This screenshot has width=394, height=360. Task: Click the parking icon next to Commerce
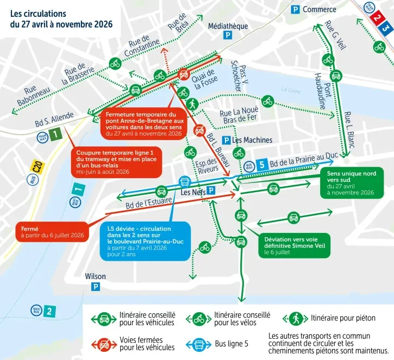(x=295, y=9)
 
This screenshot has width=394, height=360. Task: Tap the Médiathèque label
(x=228, y=26)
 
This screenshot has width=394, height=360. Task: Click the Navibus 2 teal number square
(x=49, y=311)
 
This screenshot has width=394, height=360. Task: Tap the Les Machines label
(x=252, y=140)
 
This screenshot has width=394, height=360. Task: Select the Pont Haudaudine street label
(x=322, y=86)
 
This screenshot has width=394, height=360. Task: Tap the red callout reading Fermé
(x=52, y=232)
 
